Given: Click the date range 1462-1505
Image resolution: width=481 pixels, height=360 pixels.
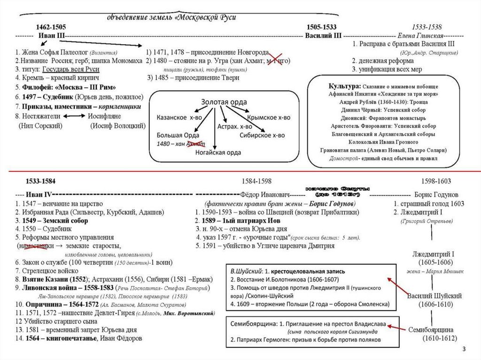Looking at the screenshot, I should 51,27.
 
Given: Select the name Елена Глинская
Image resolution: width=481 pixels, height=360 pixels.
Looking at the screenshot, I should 420,36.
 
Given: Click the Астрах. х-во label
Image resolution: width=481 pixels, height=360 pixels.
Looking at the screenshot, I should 231,127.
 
